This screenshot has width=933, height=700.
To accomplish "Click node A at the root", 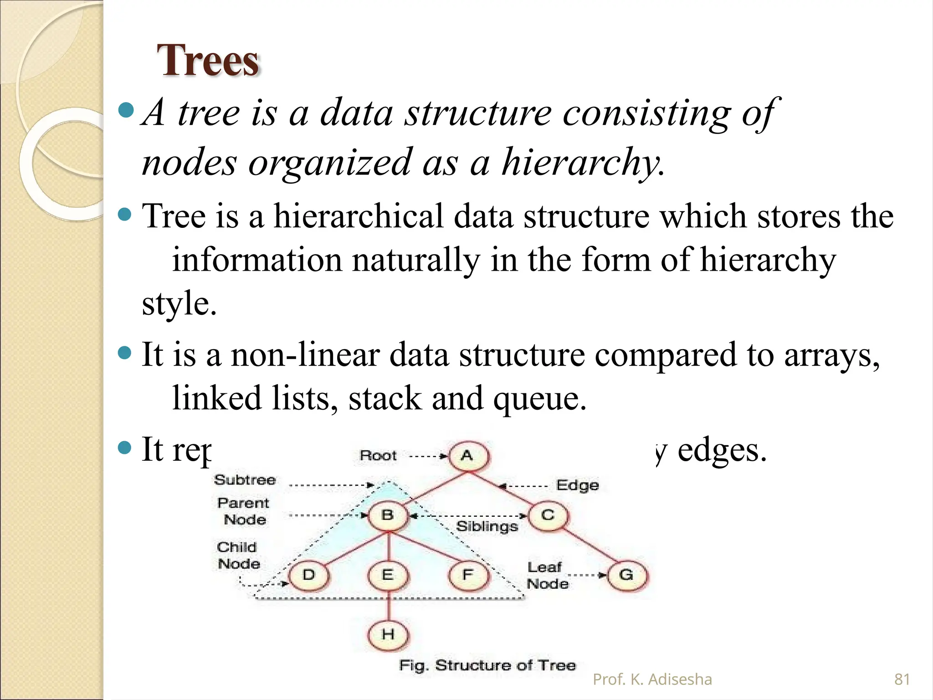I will [x=468, y=456].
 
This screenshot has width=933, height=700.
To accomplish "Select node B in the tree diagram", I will [x=388, y=515].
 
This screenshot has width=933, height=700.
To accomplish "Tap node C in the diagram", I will [x=548, y=515].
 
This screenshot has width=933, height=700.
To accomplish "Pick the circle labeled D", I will [x=309, y=575].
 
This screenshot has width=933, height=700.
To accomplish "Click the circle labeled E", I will [x=388, y=575].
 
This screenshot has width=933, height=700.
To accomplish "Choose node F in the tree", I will [x=468, y=575].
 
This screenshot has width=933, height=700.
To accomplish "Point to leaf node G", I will [x=627, y=575].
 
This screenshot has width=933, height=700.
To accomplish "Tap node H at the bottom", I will [x=388, y=634].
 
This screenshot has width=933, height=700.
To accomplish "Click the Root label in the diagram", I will [x=378, y=456].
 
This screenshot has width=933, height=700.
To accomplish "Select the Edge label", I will [x=577, y=485].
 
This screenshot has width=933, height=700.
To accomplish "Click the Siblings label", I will [x=487, y=526].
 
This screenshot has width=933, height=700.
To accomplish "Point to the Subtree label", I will [x=245, y=480].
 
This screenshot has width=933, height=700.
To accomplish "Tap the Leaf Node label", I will [x=547, y=576].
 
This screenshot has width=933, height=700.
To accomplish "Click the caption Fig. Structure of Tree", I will [x=487, y=665].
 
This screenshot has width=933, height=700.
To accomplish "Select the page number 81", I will [x=902, y=679].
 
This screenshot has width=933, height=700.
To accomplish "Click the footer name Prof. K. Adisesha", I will [x=652, y=679].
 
